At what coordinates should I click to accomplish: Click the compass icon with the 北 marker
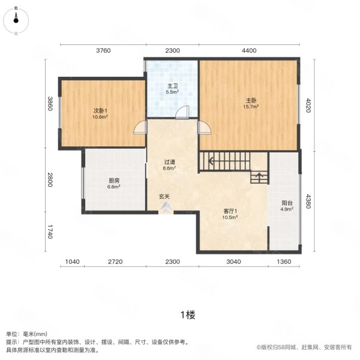click(16, 20)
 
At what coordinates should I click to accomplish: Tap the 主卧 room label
click(251, 100)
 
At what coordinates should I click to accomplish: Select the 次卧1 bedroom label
click(100, 111)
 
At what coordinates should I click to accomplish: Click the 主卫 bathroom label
click(172, 86)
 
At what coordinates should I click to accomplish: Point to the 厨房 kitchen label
click(114, 181)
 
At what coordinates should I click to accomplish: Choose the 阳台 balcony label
click(287, 203)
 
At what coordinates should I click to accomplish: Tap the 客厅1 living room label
click(230, 211)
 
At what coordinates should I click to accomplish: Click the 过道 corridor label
click(169, 163)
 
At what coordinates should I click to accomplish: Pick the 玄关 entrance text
click(164, 197)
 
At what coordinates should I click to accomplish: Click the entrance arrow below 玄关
click(166, 207)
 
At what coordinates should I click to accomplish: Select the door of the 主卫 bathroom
click(182, 113)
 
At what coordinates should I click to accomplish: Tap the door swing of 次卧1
click(140, 127)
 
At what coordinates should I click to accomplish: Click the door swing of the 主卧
click(205, 127)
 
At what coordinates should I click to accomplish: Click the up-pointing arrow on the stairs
click(259, 177)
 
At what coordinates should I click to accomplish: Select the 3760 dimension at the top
click(103, 50)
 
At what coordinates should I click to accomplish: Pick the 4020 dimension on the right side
click(308, 106)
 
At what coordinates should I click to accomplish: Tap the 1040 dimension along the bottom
click(73, 262)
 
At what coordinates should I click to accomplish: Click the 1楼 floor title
click(188, 315)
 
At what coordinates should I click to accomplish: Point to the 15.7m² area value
click(251, 107)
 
